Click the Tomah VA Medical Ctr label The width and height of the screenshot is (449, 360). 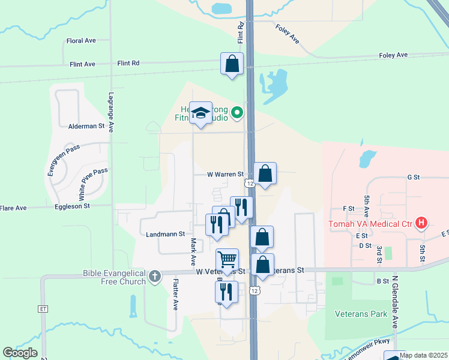point(370,224)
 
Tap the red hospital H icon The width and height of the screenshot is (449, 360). point(421,224)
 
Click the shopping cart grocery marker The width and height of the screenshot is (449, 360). point(227,260)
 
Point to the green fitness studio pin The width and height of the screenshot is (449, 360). point(237,112)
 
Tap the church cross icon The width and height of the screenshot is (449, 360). point(155,277)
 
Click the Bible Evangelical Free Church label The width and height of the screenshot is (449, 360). point(114,277)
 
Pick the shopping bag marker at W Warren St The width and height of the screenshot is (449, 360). point(265,174)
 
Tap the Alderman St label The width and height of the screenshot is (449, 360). point(86,127)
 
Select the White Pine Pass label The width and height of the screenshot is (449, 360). point(92,184)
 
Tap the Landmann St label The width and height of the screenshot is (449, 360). point(164,234)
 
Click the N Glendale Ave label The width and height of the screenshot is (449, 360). point(395,304)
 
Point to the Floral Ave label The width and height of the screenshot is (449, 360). point(82,41)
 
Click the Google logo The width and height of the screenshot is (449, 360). point(20,353)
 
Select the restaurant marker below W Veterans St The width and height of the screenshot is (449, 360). point(226,292)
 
